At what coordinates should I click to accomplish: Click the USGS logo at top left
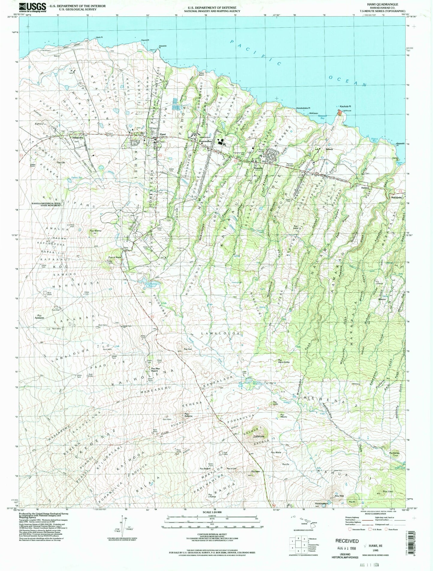coord(33,7)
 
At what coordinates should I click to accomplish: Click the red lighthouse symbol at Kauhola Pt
coord(339,112)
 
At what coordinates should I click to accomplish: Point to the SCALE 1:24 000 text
coord(213,511)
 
